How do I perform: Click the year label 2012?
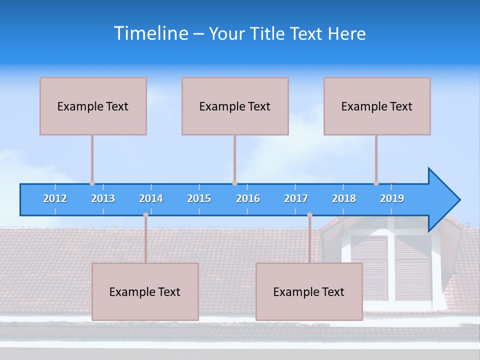pos(55,198)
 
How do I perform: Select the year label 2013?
pos(103,198)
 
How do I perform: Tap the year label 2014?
pos(151,198)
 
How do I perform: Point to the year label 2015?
pos(199,198)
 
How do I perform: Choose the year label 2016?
pos(248,198)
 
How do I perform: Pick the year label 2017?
pos(296,198)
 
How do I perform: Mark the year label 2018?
pos(344,198)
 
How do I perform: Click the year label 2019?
pos(392,198)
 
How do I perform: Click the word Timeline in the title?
pos(150,33)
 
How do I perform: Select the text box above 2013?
pos(93,106)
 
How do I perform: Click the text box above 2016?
pos(235,106)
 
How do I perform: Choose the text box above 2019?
pos(377,106)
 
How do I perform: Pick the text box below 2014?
pos(145,291)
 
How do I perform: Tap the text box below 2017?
pos(309,291)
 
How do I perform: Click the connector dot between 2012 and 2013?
pos(92,183)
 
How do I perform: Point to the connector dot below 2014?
pos(145,215)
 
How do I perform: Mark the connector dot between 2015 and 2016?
pos(234,183)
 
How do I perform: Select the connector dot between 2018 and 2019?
pos(376,183)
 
